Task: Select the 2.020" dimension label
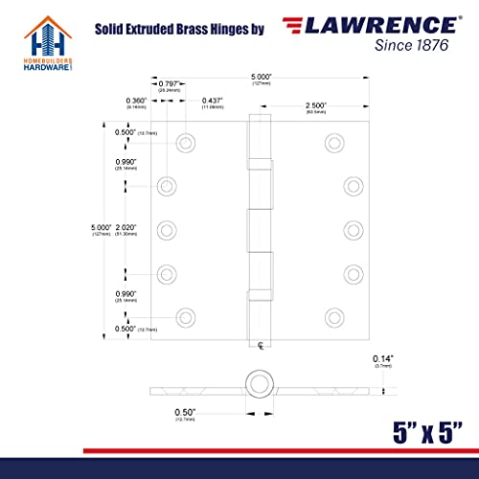tap(124, 228)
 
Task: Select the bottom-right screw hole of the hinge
tap(332, 314)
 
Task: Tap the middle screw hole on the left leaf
tap(167, 228)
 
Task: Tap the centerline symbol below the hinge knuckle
tap(259, 343)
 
